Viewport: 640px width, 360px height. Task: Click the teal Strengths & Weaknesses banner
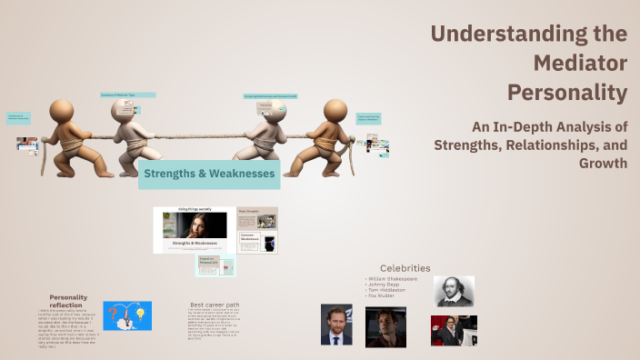pyautogui.click(x=209, y=173)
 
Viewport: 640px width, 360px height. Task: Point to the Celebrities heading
pyautogui.click(x=405, y=267)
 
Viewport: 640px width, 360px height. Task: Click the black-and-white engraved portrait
pyautogui.click(x=454, y=291)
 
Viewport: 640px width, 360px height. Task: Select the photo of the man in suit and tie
pyautogui.click(x=336, y=325)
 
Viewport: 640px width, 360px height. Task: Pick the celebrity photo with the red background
pyautogui.click(x=454, y=330)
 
